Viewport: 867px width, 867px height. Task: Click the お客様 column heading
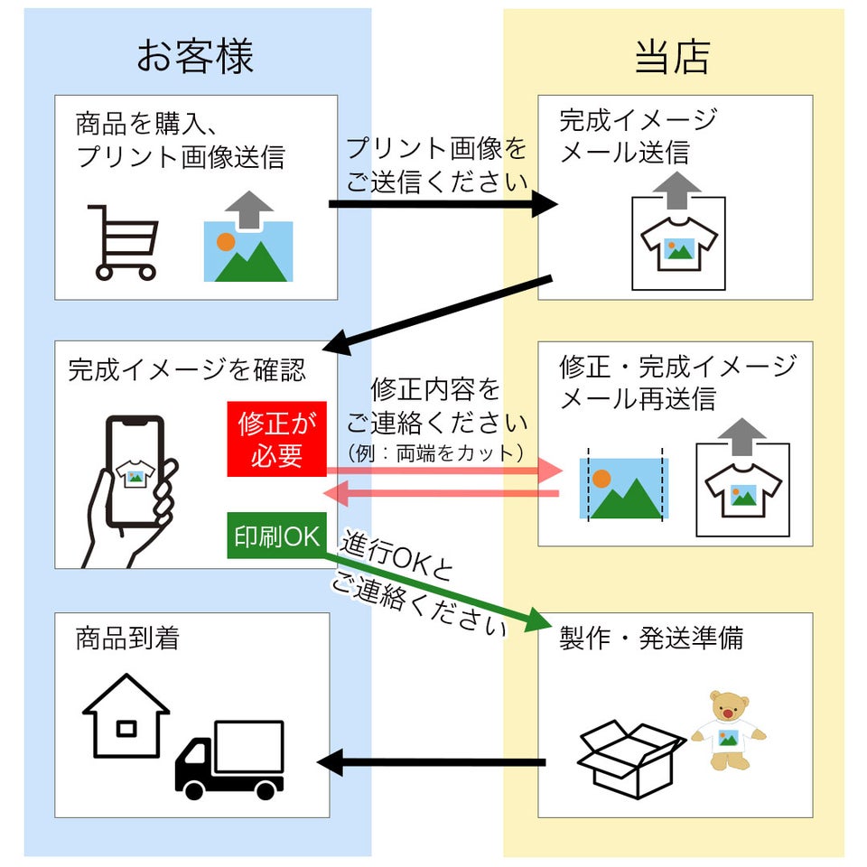click(x=196, y=56)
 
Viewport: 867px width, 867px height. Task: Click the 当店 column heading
click(x=672, y=56)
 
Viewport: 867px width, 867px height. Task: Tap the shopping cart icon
click(x=124, y=241)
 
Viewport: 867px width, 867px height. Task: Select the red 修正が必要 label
click(x=276, y=440)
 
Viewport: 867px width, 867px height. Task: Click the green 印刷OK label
click(x=276, y=536)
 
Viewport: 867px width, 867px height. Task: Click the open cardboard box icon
click(x=629, y=757)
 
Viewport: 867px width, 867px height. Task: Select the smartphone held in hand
click(x=135, y=471)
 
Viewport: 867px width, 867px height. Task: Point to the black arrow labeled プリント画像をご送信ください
click(x=443, y=204)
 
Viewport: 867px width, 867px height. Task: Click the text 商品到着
click(x=127, y=639)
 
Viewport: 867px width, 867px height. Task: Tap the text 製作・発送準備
click(x=651, y=639)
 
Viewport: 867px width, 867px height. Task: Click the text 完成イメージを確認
click(x=187, y=368)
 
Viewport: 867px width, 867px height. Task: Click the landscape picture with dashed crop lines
click(x=624, y=488)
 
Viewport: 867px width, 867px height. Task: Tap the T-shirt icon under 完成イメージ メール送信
click(x=678, y=242)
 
